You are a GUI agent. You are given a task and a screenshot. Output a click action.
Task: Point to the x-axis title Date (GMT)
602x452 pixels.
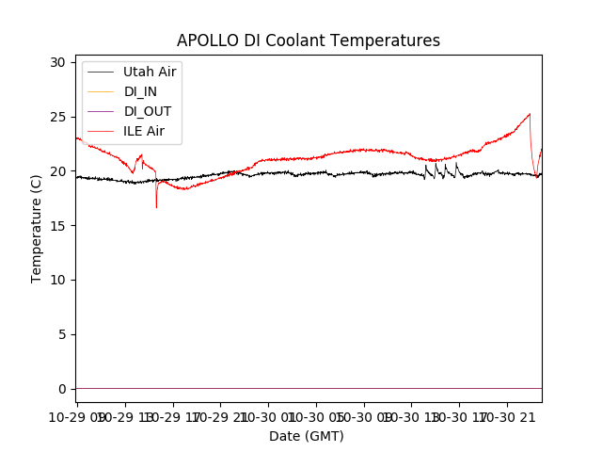click(x=307, y=436)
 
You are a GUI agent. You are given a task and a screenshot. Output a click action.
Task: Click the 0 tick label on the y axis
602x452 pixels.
click(x=61, y=389)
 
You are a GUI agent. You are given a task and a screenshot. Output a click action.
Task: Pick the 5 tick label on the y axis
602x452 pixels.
click(x=61, y=334)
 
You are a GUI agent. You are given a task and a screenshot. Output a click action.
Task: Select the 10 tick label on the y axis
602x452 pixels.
click(x=57, y=280)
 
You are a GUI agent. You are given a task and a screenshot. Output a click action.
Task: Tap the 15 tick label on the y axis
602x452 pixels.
click(x=57, y=225)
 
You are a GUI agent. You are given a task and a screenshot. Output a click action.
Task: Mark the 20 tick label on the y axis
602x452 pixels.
click(x=57, y=171)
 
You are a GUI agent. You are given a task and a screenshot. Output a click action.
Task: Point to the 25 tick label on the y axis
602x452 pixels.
click(x=57, y=117)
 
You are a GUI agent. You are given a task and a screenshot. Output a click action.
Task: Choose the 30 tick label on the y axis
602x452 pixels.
click(x=57, y=62)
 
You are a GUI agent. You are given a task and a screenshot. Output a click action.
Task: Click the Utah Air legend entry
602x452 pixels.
click(x=150, y=72)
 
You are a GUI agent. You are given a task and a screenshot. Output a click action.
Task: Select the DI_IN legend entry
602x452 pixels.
click(x=141, y=91)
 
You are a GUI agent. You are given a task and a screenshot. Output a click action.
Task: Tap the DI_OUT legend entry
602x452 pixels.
click(x=148, y=111)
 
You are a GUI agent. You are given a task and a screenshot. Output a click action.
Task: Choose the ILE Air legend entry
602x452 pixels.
click(x=144, y=131)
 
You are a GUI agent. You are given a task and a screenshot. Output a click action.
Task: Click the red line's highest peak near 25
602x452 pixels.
click(x=530, y=114)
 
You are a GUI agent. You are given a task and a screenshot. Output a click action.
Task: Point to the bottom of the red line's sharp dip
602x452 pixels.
click(x=156, y=207)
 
